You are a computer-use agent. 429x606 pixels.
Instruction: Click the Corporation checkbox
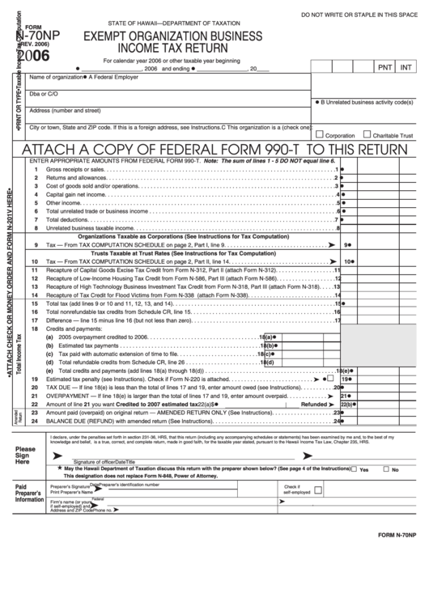(x=320, y=134)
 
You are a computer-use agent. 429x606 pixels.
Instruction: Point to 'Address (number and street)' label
(x=65, y=110)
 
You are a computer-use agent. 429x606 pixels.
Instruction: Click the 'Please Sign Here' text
(x=25, y=456)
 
